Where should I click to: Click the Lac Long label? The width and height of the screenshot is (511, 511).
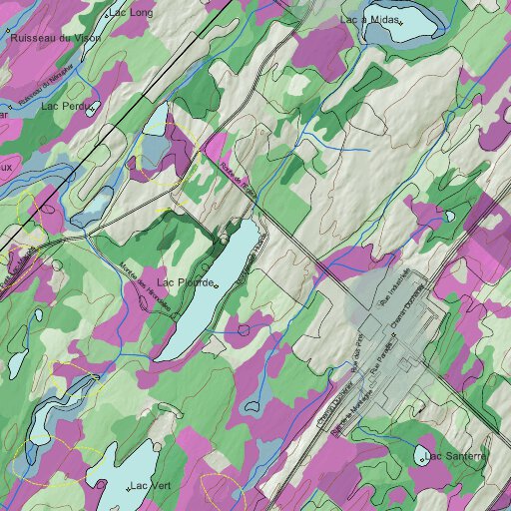coord(134,13)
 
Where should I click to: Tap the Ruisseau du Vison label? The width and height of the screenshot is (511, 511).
coord(55,37)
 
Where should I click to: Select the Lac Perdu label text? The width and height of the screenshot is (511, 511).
coord(66,105)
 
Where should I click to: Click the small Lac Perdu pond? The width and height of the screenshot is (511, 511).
coord(93,107)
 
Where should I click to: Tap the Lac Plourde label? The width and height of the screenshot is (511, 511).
coord(185,284)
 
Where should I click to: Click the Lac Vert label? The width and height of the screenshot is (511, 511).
coord(152,486)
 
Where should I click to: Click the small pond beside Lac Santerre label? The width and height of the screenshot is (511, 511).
coord(420,458)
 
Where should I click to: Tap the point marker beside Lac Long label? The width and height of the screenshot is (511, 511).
coord(108,14)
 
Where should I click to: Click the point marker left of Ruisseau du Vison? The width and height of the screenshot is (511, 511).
coord(9,37)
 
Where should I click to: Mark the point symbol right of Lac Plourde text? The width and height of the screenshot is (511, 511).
coord(216,286)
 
